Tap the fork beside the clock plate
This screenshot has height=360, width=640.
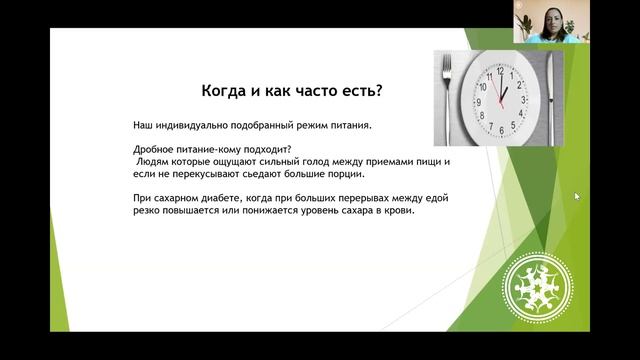(448, 97)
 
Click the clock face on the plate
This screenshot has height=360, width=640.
(498, 97)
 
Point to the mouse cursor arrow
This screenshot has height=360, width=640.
(576, 196)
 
